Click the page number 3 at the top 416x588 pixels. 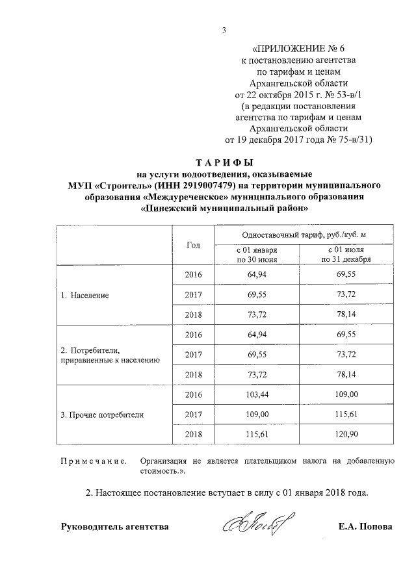(223, 29)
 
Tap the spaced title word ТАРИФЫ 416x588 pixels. (224, 162)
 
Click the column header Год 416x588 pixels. (193, 245)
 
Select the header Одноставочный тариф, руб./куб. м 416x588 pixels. (299, 235)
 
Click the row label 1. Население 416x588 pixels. (84, 295)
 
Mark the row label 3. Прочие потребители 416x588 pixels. (101, 414)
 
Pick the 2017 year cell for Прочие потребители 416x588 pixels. (193, 414)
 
